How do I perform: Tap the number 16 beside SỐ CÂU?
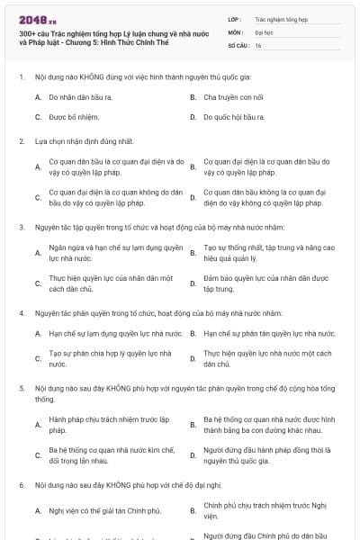pyautogui.click(x=258, y=45)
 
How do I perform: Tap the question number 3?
pyautogui.click(x=21, y=227)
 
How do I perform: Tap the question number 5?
pyautogui.click(x=21, y=387)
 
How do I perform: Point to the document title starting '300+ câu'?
pyautogui.click(x=108, y=36)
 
